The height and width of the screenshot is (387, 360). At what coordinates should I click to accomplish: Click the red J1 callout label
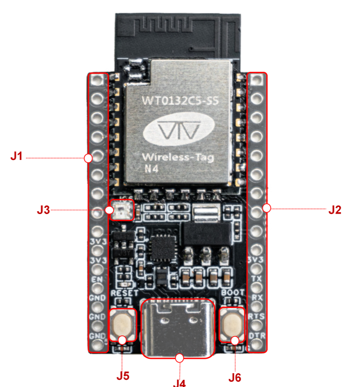click(x=16, y=156)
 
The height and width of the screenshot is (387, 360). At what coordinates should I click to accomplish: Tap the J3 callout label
click(x=44, y=209)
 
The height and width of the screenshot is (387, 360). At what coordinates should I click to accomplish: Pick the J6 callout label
click(x=234, y=376)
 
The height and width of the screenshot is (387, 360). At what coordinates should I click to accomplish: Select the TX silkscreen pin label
click(x=257, y=278)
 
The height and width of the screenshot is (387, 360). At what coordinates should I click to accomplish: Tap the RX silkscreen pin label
click(x=257, y=297)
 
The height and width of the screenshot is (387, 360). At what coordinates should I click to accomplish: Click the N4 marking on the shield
click(x=151, y=169)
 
